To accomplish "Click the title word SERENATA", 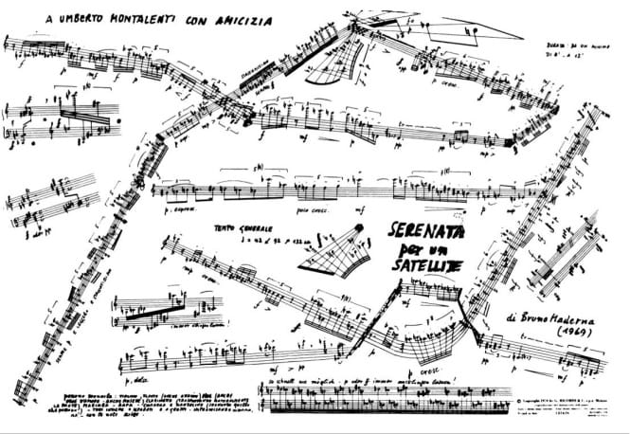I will pos(426,230).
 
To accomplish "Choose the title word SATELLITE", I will pos(428,266).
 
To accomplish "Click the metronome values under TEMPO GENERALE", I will pos(253,242).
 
